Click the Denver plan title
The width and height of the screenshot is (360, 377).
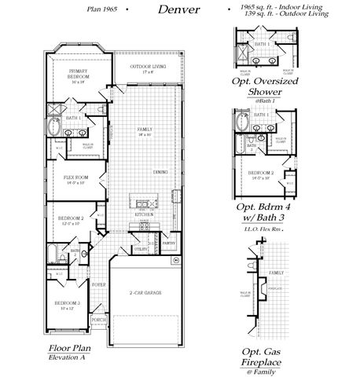178,11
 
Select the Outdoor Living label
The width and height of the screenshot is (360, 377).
145,68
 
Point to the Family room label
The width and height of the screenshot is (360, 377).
144,132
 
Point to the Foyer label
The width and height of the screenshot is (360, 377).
99,284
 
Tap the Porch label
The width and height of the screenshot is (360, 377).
99,320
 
